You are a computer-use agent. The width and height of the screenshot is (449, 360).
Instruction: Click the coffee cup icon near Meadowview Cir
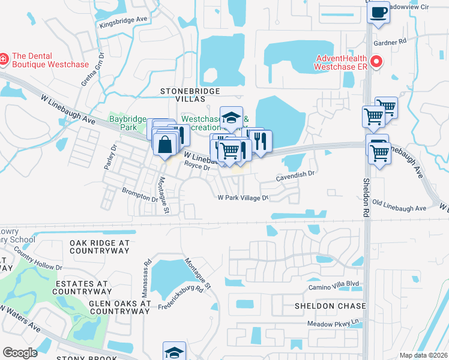click(x=378, y=12)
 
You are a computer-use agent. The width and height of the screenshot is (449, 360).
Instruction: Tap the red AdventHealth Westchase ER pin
click(x=377, y=61)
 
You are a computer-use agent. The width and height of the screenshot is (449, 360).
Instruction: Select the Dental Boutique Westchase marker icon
click(x=4, y=58)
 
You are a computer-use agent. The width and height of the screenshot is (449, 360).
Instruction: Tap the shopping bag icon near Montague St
click(x=164, y=144)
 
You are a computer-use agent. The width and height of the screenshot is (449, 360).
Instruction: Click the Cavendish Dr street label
click(x=295, y=175)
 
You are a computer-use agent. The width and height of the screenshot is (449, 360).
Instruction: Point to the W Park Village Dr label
click(x=242, y=197)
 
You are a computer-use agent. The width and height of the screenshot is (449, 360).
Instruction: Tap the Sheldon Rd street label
click(x=366, y=193)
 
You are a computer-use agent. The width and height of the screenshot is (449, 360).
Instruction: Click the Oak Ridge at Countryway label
click(x=100, y=247)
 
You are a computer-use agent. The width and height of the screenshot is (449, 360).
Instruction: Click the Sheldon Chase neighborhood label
click(x=330, y=306)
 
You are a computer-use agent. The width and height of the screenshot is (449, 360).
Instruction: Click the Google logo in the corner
click(x=20, y=352)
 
